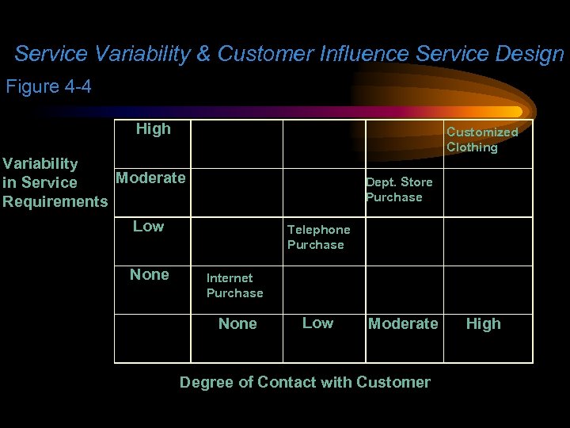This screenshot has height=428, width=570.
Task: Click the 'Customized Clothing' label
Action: [x=481, y=139]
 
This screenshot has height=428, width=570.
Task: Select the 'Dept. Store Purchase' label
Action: [x=398, y=189]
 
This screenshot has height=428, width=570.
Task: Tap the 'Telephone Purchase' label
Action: [x=318, y=237]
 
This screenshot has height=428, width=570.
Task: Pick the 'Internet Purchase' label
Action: [x=234, y=285]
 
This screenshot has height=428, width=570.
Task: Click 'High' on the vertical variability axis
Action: [x=153, y=128]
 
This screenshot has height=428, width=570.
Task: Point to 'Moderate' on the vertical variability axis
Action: [x=150, y=178]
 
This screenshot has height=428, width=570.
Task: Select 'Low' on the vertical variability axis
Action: [x=148, y=227]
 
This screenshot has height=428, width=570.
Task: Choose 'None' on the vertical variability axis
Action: [x=150, y=275]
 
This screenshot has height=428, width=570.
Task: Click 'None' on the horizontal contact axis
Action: [x=237, y=323]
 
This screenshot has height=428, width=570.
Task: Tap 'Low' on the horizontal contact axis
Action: [x=317, y=323]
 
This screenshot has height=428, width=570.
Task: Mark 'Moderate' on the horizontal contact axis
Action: [x=403, y=323]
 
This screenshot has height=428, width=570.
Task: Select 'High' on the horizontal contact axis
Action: [x=483, y=323]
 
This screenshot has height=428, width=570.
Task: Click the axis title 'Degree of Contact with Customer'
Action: [x=305, y=382]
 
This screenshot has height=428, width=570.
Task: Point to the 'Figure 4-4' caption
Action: [x=49, y=86]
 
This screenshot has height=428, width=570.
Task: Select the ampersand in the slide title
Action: [x=203, y=54]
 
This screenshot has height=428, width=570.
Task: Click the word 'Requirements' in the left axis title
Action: [x=55, y=201]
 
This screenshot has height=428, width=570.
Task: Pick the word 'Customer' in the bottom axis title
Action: [x=393, y=382]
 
